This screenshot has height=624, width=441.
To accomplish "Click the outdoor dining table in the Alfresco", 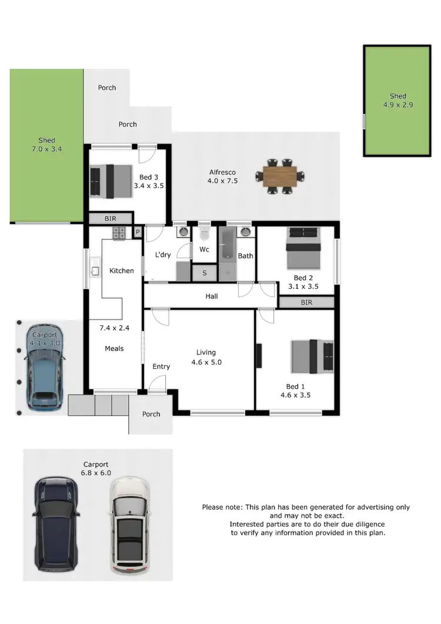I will pyautogui.click(x=280, y=175).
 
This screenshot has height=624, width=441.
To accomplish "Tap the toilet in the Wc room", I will pyautogui.click(x=204, y=234).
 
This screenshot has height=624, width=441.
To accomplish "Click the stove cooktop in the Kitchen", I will pyautogui.click(x=119, y=233).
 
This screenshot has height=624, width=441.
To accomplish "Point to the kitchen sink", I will pyautogui.click(x=94, y=271).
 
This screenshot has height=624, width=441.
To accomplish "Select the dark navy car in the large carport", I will pyautogui.click(x=56, y=525).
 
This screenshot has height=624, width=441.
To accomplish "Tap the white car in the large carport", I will pyautogui.click(x=131, y=525).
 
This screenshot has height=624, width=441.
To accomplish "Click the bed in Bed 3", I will pyautogui.click(x=111, y=181).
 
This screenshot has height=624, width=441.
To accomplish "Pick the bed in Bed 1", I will pyautogui.click(x=312, y=357).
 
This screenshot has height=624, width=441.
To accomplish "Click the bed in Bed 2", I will pyautogui.click(x=303, y=248).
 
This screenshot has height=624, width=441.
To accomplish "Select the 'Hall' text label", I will pyautogui.click(x=212, y=296).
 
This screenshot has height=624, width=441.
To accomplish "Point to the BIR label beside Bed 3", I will pyautogui.click(x=110, y=218).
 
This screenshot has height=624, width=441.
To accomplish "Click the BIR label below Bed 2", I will pyautogui.click(x=306, y=302).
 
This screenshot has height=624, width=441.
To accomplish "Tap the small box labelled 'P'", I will pyautogui.click(x=138, y=231).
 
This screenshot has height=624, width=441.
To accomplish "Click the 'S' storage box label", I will pyautogui.click(x=205, y=273).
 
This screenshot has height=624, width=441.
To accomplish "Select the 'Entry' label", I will pyautogui.click(x=161, y=366).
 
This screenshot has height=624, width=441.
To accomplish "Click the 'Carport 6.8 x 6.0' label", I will pyautogui.click(x=97, y=468).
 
